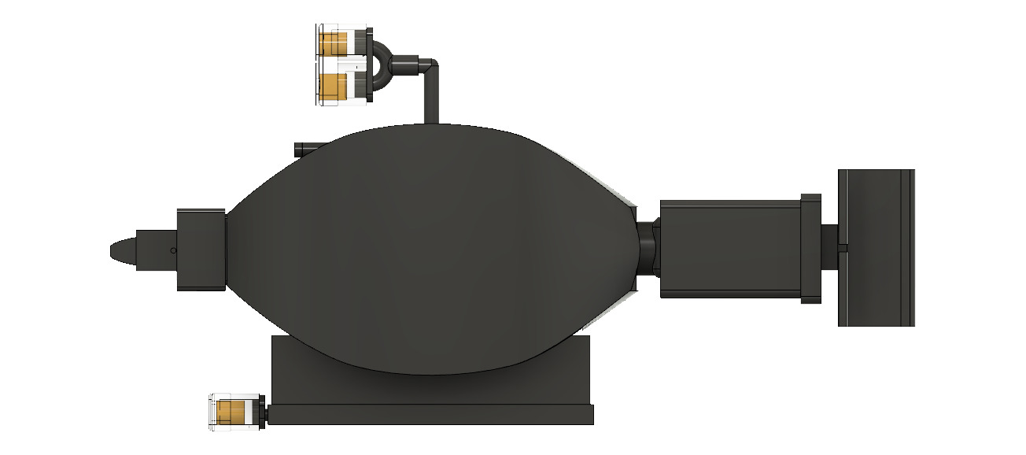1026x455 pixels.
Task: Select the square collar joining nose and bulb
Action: pos(201,250)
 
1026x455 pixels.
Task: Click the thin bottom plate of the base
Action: pos(430,415)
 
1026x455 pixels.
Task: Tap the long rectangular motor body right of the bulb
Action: pos(729,249)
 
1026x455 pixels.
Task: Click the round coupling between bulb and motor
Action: pos(646,249)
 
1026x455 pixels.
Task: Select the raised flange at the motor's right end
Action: pos(811,249)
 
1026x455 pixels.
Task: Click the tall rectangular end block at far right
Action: pos(876,247)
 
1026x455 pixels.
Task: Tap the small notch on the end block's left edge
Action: pos(843,248)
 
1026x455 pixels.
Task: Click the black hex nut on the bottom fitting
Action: pos(264,413)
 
